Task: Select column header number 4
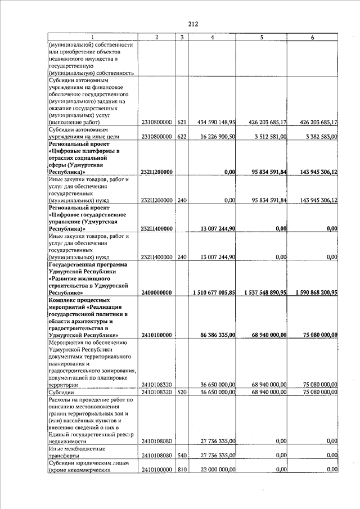point(212,37)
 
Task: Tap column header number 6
point(312,37)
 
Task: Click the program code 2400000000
point(157,292)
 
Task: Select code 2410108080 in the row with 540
point(157,455)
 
